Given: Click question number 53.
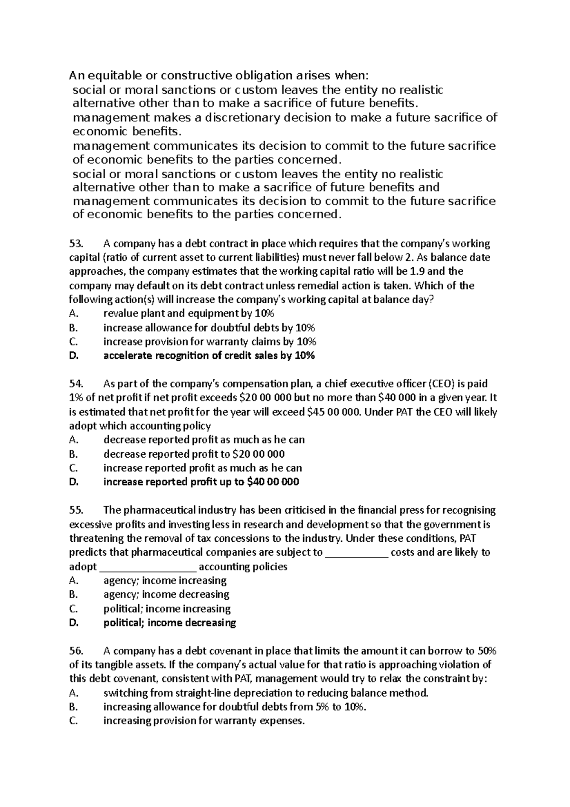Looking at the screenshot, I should (76, 244).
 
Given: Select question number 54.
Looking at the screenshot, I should (76, 384).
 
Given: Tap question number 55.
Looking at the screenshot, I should (76, 510).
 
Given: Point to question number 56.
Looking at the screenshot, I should (76, 651).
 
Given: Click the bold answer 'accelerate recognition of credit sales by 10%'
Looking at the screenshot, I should (209, 355).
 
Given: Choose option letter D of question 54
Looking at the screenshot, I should (73, 482).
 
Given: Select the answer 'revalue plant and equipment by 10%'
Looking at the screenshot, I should (189, 314).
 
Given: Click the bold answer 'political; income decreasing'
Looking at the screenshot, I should (170, 623).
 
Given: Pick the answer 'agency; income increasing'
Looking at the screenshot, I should (165, 580).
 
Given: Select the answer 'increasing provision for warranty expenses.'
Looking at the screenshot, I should (204, 721).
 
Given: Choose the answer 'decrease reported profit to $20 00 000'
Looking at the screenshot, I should (194, 454).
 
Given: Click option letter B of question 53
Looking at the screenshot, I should (73, 328).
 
